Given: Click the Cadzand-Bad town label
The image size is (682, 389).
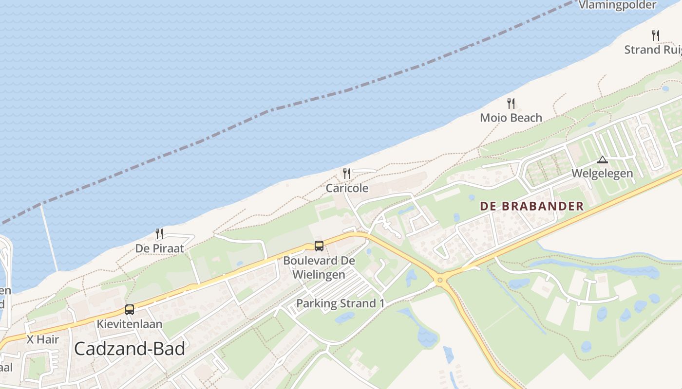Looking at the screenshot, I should pos(130,349).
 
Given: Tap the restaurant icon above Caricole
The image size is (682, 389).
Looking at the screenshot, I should pos(347,173).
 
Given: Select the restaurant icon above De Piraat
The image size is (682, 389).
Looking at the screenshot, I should pos(159,234).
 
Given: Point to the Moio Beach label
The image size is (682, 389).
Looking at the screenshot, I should pos(511,118).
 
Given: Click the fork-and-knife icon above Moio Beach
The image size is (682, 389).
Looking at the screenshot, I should pos(511,103).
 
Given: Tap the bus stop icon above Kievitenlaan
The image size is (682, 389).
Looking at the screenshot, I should pos(130,309).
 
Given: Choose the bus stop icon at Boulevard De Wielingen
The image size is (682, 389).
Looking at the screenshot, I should pos(319,246).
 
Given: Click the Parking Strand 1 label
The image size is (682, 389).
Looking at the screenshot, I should pos(341,303).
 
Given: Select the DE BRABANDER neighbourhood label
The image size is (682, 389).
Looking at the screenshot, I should pos(531,206).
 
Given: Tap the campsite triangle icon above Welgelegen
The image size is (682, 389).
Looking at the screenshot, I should pos(603,159).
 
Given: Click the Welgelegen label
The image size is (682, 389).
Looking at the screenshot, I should pos(602,173).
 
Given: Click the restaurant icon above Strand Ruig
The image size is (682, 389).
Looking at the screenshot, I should pos(656,35).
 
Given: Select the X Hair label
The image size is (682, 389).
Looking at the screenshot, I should pos(42,339).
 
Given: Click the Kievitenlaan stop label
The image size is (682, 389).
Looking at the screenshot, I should pos(130,323).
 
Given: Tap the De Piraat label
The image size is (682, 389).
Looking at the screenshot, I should pos(160,248).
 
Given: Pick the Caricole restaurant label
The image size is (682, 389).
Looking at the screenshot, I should pos(347,188).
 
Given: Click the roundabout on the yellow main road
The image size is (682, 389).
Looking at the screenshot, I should pos(440,280).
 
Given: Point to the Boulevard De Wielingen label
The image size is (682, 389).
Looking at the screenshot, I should pos(319,267).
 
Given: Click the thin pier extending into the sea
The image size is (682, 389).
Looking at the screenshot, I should pos(49,238).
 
